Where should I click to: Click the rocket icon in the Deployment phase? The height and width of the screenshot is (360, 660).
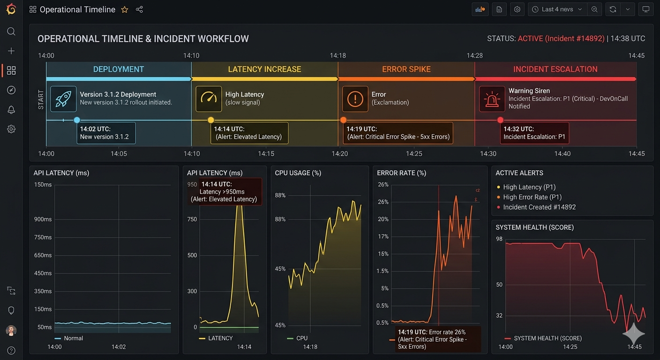[63, 99]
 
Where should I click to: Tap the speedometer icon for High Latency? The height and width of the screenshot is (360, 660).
[209, 99]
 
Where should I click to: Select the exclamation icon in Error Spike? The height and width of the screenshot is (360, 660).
[355, 99]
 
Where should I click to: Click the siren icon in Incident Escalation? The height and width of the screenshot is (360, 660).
[492, 99]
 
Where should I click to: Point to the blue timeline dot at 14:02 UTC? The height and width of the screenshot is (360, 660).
[77, 120]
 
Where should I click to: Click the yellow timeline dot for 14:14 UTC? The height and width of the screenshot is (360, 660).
[210, 120]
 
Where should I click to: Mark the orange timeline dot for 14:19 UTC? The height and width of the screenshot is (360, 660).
[343, 120]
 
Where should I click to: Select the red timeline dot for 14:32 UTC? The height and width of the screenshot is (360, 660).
[500, 120]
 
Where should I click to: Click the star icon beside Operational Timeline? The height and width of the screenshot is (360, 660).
[125, 10]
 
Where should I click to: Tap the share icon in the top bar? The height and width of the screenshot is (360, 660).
[139, 9]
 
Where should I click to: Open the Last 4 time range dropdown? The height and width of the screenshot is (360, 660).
[557, 9]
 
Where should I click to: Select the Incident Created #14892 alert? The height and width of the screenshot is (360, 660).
[536, 207]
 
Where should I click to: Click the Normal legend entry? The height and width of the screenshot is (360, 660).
[69, 338]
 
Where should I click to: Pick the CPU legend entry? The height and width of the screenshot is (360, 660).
[297, 338]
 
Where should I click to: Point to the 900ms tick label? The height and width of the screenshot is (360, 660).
[43, 219]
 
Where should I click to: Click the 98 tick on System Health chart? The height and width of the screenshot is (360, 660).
[499, 239]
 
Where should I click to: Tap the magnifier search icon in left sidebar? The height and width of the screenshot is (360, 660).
[11, 31]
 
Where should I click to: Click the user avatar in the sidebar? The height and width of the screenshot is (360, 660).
[11, 330]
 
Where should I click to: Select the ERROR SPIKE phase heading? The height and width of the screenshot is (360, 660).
[406, 69]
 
